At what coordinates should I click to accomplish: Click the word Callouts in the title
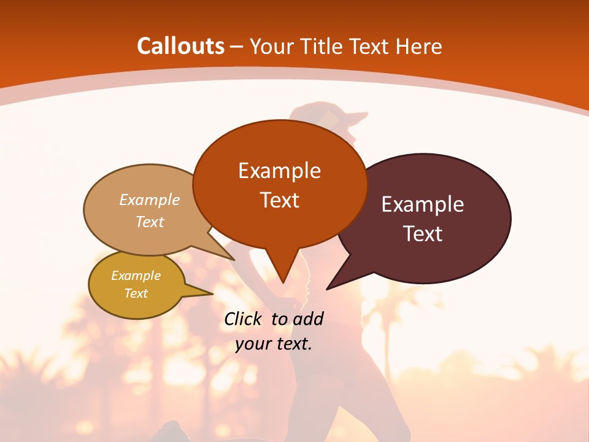[180, 46]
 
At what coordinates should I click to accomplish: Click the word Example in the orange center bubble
[279, 171]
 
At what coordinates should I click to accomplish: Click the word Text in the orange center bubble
[279, 200]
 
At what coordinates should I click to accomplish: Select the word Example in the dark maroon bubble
[423, 204]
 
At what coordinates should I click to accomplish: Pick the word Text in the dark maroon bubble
[423, 234]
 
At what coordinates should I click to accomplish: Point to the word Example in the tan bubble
[150, 200]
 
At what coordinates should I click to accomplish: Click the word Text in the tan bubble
[150, 222]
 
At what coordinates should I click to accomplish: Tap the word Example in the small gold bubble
[136, 276]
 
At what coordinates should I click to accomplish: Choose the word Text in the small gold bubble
[136, 293]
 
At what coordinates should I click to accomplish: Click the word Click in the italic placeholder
[245, 319]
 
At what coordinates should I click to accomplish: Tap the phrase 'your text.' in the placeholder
[274, 344]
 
